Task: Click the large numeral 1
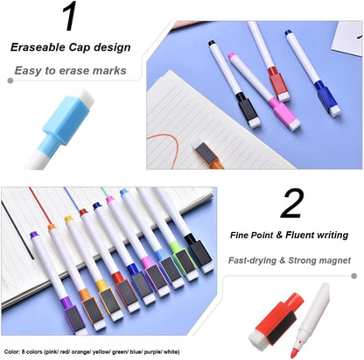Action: [x=70, y=16]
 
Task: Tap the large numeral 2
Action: [x=292, y=203]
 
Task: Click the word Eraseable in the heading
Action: [x=38, y=47]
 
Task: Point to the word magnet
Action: [x=334, y=260]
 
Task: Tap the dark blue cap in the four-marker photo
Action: [x=327, y=98]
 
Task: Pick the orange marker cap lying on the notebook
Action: [x=207, y=155]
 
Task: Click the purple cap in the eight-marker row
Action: [x=73, y=315]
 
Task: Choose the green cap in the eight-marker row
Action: [x=184, y=261]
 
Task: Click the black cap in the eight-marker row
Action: [x=199, y=253]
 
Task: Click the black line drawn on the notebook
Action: [x=17, y=230]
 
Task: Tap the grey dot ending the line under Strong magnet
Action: [x=353, y=276]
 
